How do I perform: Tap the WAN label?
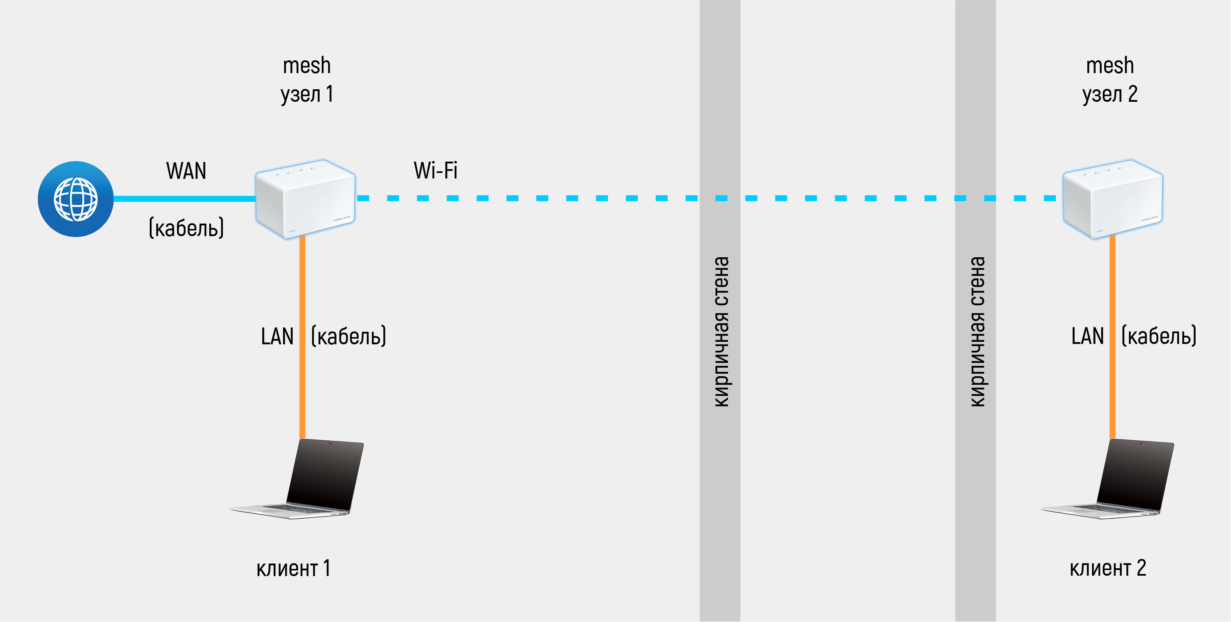(x=186, y=171)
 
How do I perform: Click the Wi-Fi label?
(x=435, y=171)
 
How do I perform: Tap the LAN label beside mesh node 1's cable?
(x=277, y=337)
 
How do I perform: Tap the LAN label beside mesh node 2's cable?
(x=1087, y=336)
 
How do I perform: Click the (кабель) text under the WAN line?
(x=186, y=228)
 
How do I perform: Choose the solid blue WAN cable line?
(x=184, y=199)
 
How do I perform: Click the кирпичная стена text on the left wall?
(x=721, y=332)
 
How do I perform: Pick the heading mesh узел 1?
(x=307, y=80)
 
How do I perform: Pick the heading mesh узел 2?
(x=1110, y=80)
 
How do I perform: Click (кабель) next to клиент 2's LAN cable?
(x=1159, y=336)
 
